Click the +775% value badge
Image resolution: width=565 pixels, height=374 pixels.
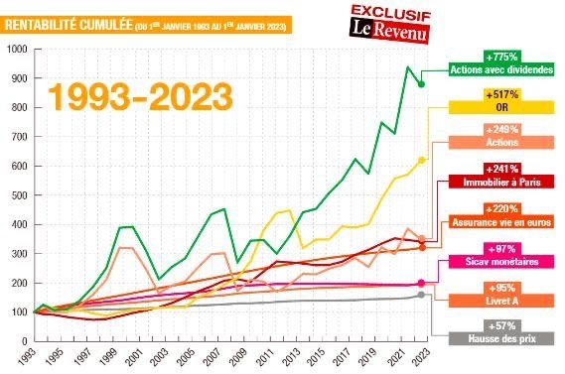tap(501, 57)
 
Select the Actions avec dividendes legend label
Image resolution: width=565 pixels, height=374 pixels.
tap(501, 69)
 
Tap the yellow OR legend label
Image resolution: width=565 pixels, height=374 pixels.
tap(501, 107)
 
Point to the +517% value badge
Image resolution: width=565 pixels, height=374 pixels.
tap(501, 94)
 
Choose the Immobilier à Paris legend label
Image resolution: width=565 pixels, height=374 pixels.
tap(501, 183)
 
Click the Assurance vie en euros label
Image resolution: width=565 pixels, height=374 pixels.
tap(501, 222)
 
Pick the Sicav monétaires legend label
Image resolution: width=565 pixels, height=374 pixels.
tap(501, 262)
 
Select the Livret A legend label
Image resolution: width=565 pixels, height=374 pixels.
tap(501, 301)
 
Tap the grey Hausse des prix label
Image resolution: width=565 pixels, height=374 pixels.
tap(501, 338)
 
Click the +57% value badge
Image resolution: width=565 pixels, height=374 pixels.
tap(501, 326)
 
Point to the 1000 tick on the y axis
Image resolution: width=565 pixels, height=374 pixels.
tap(17, 49)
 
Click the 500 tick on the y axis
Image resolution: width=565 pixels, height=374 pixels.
tap(20, 195)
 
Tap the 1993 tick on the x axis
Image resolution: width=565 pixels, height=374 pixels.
tap(28, 357)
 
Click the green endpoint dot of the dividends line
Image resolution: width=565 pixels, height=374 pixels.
tap(421, 84)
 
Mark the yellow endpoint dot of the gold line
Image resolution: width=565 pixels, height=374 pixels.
tap(422, 160)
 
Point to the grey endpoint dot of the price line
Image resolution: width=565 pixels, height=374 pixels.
tap(421, 295)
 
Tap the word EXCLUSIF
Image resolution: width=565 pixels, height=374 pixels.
tap(391, 12)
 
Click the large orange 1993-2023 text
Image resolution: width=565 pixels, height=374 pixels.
tap(140, 96)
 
